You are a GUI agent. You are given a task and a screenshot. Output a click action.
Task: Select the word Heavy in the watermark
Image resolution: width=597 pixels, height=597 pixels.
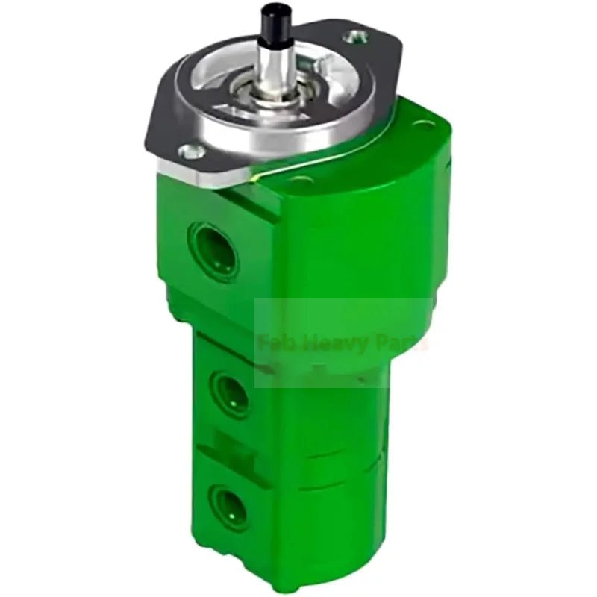click(328, 345)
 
